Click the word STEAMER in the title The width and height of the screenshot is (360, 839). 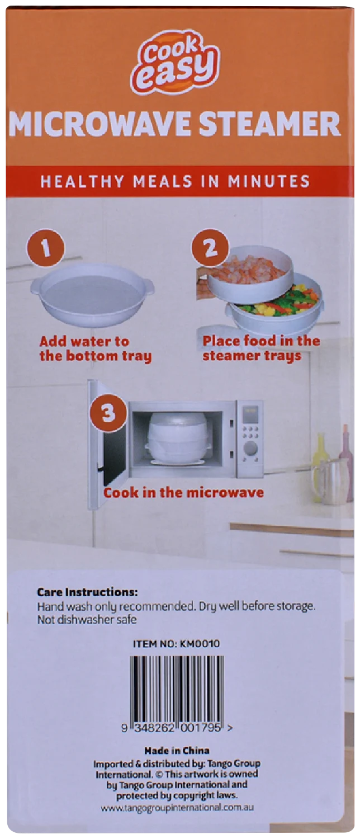click(269, 124)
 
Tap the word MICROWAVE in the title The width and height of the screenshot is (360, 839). click(100, 124)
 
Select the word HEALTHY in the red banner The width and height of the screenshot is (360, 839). click(82, 181)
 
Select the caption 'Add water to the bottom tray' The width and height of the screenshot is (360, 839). click(96, 349)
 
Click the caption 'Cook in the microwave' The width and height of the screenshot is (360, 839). click(183, 492)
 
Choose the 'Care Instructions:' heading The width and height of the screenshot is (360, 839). click(87, 592)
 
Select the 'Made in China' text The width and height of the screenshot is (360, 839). click(177, 750)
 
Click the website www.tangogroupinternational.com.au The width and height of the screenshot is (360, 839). click(177, 807)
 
